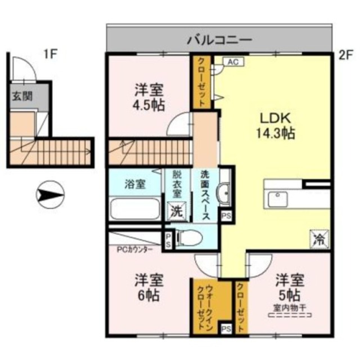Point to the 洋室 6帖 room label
148,287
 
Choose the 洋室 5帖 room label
290,287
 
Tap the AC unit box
232,62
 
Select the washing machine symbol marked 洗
177,212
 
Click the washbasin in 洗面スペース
223,194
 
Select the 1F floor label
51,54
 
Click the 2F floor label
344,55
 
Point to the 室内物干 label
289,308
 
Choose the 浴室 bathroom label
136,184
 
